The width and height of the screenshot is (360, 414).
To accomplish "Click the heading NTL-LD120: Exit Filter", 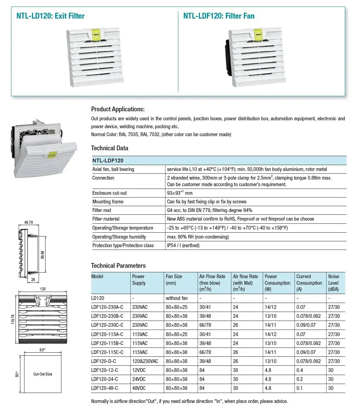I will tap(50, 16).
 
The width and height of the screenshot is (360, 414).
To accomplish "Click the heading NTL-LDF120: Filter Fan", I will tap(219, 16).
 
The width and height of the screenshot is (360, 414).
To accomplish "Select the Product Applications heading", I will tap(118, 109).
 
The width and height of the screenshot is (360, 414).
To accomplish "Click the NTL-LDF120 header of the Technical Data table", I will tap(108, 160).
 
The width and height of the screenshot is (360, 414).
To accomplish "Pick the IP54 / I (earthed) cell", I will tap(183, 245).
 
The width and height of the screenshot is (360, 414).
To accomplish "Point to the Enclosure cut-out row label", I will tap(109, 193).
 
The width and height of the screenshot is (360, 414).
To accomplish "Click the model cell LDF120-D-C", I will tap(103, 361).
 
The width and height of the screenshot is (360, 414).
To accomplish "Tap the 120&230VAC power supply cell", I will tap(145, 361).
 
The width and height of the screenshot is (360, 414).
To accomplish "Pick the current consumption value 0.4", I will tap(300, 370).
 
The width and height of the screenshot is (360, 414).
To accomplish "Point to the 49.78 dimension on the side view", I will tap(29, 222).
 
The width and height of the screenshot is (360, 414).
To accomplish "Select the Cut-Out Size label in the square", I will tap(43, 374).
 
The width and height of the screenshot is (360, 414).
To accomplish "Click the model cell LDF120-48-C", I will tap(104, 388).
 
